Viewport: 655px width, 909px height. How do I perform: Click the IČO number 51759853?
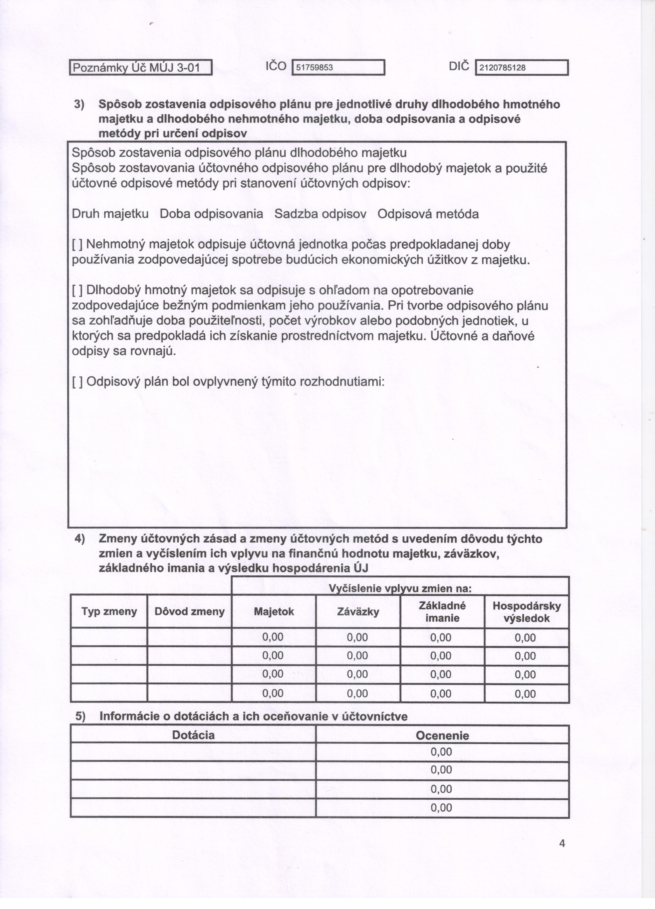point(315,68)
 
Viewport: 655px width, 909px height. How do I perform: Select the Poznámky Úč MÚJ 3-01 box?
point(141,68)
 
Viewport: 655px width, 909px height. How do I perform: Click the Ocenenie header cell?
point(442,735)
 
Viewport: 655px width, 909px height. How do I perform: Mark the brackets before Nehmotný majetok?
point(77,244)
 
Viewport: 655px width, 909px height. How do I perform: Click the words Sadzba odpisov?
point(320,214)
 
